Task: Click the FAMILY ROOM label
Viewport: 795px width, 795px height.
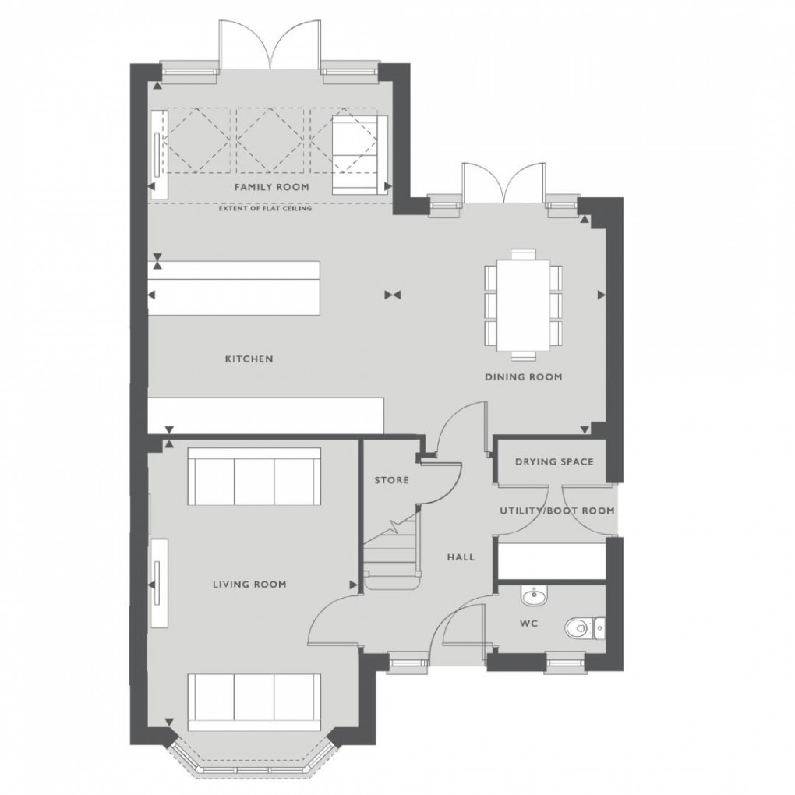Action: tap(272, 188)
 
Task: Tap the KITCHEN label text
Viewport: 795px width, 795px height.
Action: tap(249, 359)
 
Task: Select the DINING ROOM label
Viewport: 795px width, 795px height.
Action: tap(523, 377)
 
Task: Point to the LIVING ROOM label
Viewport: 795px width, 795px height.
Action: tap(249, 584)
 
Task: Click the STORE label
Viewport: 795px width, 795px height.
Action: tap(391, 480)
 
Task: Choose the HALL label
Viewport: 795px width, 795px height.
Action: tap(461, 557)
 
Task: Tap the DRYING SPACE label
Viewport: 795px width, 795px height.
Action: tap(553, 461)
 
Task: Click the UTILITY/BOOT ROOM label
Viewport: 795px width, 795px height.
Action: tap(556, 511)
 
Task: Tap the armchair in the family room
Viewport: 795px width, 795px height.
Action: tap(359, 154)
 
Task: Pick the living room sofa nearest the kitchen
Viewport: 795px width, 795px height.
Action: tap(253, 477)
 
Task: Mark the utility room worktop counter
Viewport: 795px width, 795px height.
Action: tap(550, 560)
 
